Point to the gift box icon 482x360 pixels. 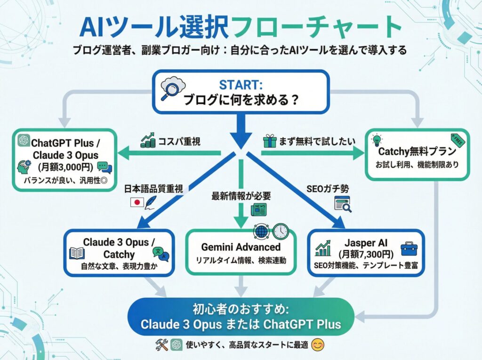[269, 141]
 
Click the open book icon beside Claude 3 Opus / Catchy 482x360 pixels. [76, 253]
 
